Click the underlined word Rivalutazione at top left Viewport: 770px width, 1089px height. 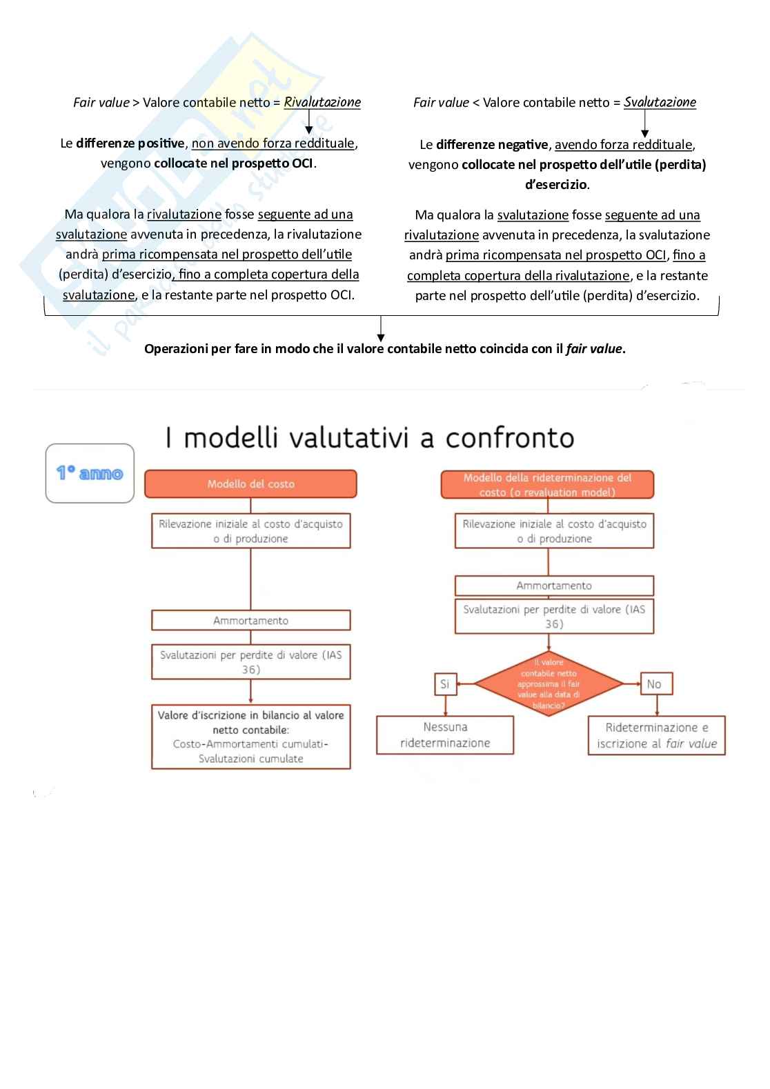coord(322,102)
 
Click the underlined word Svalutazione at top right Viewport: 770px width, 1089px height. coord(660,102)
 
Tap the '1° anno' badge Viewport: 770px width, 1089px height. coord(90,473)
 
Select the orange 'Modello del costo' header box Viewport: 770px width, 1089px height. coord(250,484)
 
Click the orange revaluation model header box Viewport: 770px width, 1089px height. coord(547,485)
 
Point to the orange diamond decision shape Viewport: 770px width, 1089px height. coord(549,683)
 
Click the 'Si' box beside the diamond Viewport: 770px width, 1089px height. coord(444,684)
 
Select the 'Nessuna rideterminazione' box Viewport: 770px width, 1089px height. coord(445,735)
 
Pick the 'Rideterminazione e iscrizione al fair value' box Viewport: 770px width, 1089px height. coord(656,736)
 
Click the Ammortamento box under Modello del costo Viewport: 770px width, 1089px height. coord(250,621)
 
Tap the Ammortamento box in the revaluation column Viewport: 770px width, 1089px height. coord(554,586)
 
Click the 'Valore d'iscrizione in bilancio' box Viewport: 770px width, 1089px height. coord(250,737)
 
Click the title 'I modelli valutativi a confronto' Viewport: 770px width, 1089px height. coord(369,438)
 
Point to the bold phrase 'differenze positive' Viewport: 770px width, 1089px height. coord(130,143)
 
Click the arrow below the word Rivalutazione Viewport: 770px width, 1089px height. coord(309,123)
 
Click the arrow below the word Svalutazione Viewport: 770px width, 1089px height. coord(644,124)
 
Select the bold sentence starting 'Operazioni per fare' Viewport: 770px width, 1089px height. coord(384,349)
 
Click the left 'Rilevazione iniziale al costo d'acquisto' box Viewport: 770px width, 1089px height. coord(250,531)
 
